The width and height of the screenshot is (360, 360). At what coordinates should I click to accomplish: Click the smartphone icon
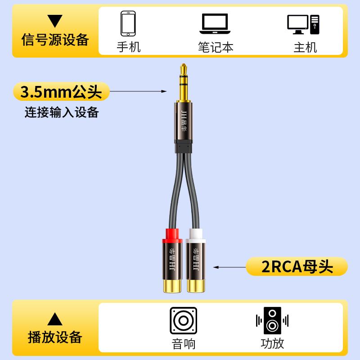(128, 23)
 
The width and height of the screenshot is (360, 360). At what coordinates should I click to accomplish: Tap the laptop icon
(215, 24)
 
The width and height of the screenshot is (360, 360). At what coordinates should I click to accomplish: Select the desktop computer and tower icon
(303, 25)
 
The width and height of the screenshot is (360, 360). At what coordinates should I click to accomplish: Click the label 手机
(129, 47)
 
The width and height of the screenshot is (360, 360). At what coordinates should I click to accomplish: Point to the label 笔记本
(216, 47)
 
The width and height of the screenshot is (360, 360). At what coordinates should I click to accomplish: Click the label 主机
(306, 47)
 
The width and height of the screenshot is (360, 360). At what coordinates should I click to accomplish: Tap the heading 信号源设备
(55, 40)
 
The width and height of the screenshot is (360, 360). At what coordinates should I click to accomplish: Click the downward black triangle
(55, 21)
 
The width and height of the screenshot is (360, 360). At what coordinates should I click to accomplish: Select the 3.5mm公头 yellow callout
(61, 91)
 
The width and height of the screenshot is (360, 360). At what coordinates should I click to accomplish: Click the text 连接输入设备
(62, 112)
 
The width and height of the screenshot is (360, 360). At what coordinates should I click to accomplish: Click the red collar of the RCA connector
(172, 236)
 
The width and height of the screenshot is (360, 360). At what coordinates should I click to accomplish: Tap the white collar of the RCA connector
(196, 236)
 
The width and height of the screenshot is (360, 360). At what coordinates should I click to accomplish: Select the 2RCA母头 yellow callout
(297, 266)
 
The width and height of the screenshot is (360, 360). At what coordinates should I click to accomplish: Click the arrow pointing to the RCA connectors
(229, 267)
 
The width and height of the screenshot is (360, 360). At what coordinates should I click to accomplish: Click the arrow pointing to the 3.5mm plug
(138, 91)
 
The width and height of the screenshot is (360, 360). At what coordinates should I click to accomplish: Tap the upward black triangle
(55, 319)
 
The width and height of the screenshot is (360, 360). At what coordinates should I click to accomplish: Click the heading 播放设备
(55, 337)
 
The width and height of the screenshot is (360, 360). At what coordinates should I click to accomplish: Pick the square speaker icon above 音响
(184, 320)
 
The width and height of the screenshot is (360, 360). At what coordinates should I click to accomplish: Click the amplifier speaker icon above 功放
(272, 320)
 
